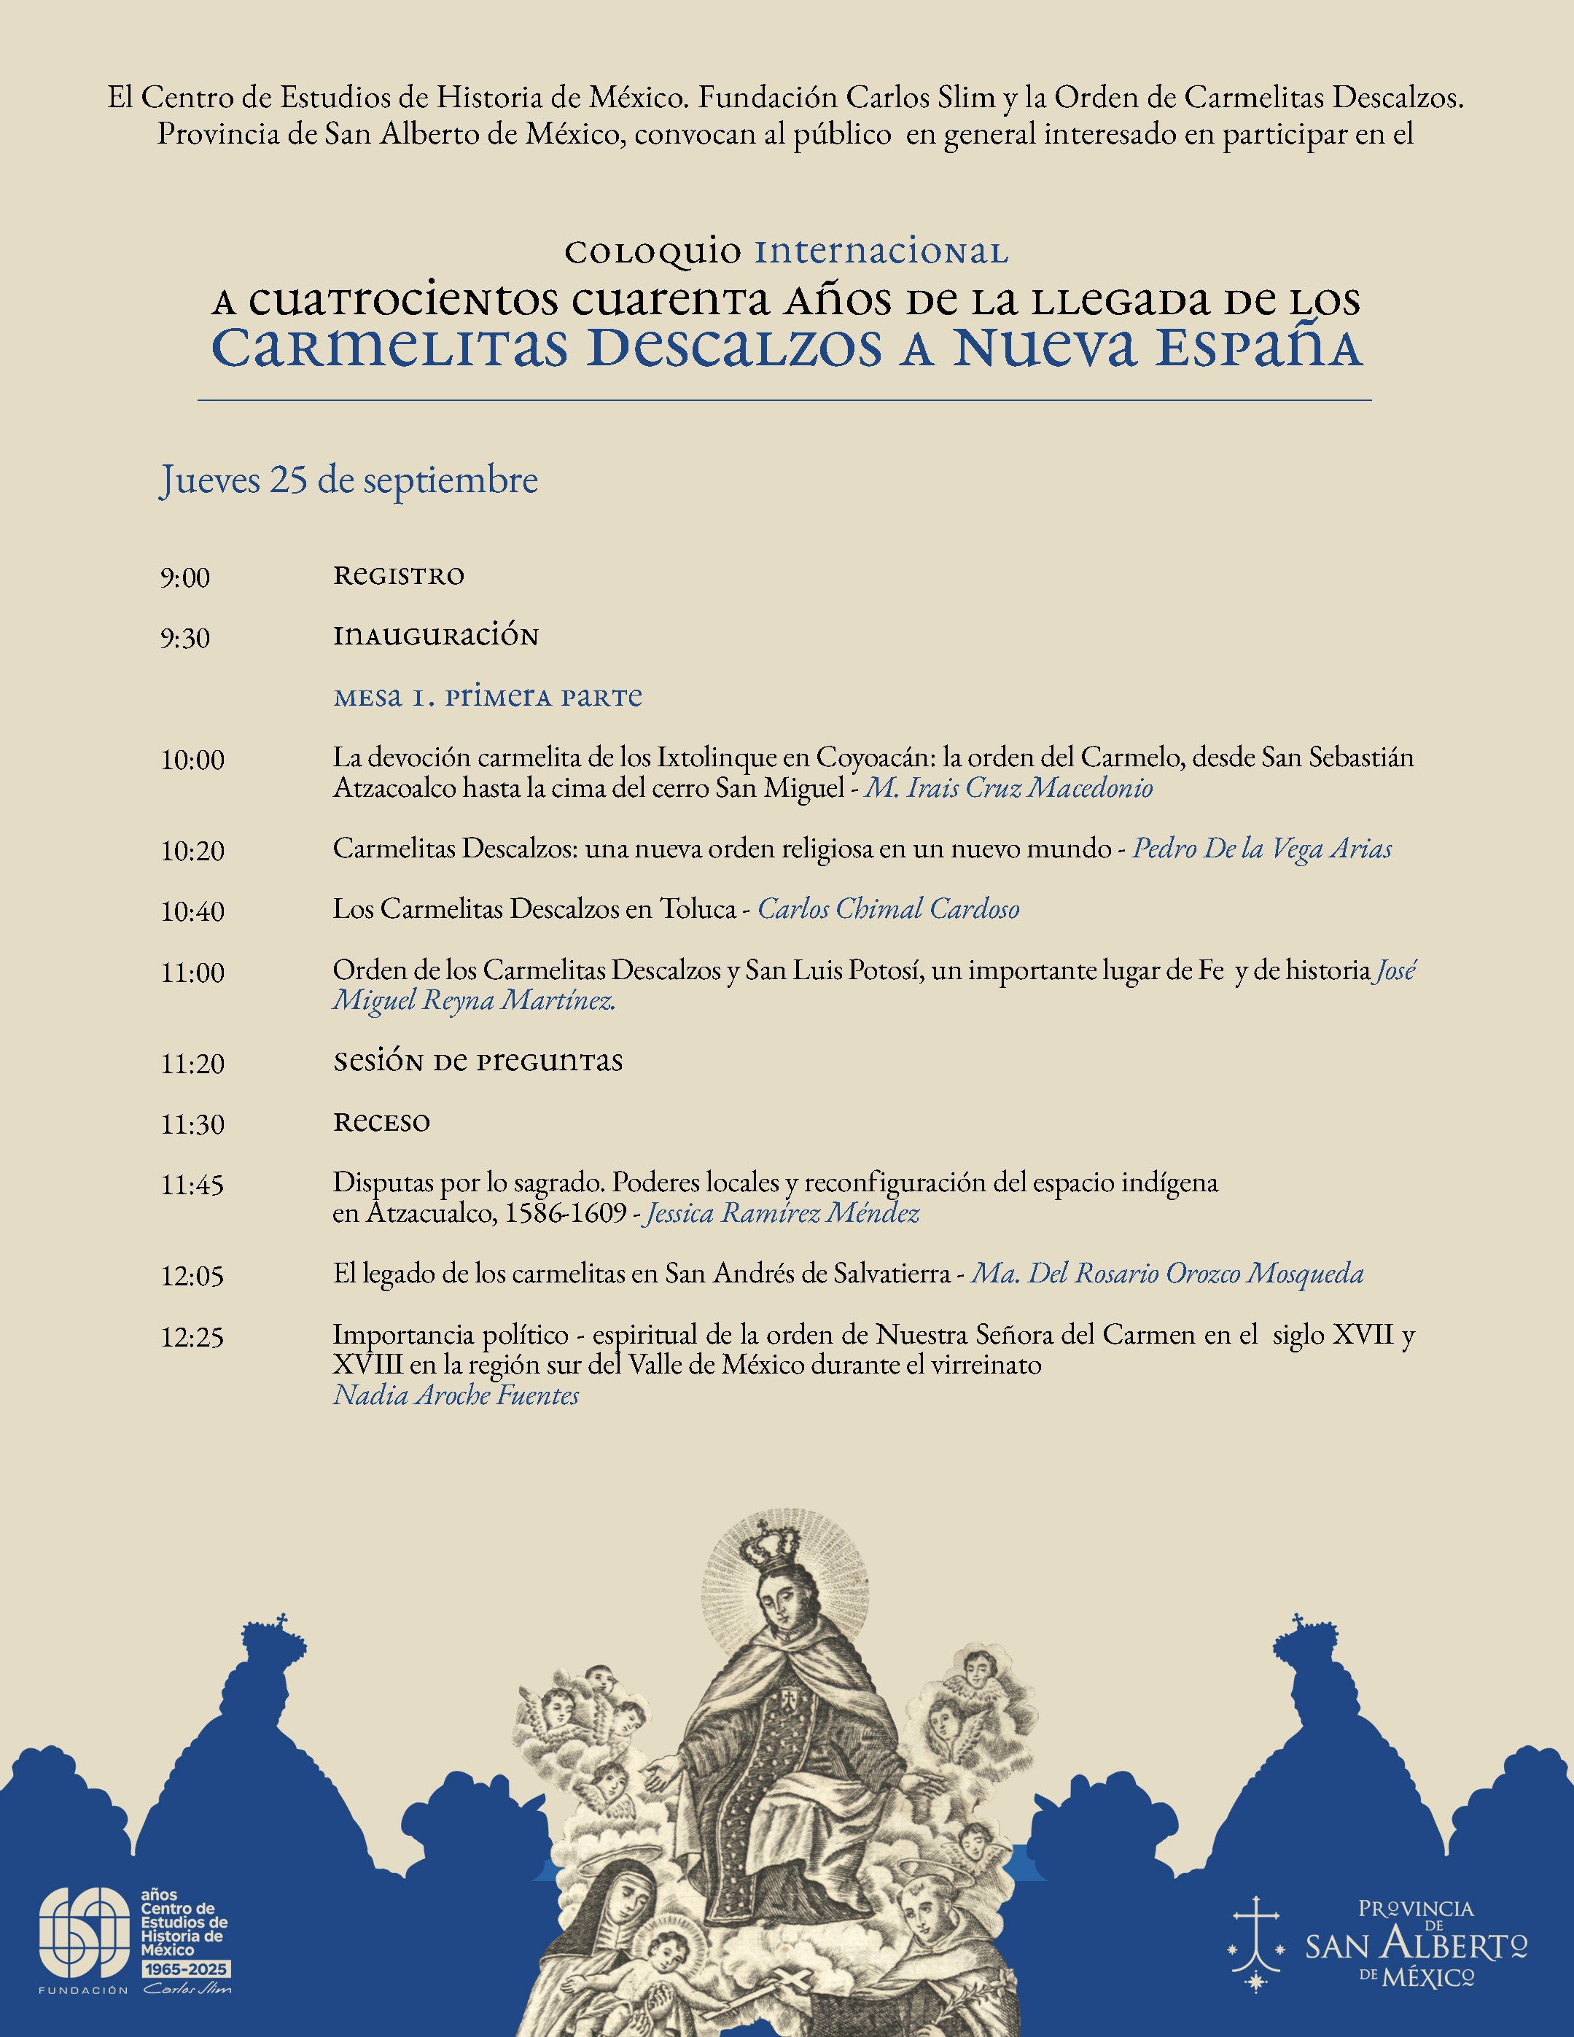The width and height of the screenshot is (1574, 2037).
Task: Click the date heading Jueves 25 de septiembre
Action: pos(348,480)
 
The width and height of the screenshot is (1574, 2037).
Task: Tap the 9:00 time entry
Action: pos(184,577)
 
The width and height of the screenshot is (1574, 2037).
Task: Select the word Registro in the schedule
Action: pos(398,575)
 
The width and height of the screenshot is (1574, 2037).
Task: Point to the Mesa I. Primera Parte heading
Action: pos(488,697)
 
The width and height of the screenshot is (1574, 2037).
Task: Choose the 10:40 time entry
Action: pos(192,911)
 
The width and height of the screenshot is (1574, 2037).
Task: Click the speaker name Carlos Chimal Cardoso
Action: pos(888,908)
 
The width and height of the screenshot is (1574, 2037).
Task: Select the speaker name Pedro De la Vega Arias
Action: pos(1262,848)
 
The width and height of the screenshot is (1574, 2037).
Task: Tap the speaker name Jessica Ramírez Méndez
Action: pos(782,1212)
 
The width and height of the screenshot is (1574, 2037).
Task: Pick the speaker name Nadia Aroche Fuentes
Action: pos(456,1395)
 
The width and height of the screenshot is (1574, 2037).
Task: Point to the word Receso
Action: pos(381,1122)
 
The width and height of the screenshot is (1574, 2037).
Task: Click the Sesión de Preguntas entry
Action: pos(478,1062)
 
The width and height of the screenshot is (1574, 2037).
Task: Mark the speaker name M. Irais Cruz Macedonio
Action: pos(1009,788)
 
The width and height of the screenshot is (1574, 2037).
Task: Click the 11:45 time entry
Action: pos(192,1185)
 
